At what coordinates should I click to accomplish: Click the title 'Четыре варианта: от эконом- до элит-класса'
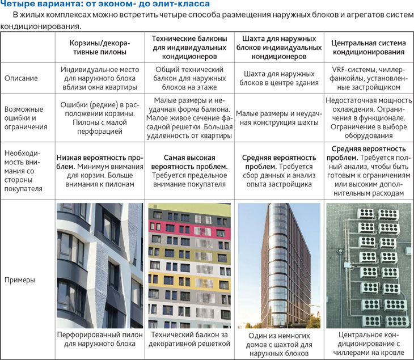coord(105,5)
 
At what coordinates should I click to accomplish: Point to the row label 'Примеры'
coord(19,280)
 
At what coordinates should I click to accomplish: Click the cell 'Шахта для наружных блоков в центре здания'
coord(278,78)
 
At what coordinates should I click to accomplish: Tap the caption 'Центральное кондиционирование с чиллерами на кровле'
coord(368,345)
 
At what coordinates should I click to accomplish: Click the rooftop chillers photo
coord(368,264)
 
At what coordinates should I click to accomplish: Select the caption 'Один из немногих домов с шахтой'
coord(278,345)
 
